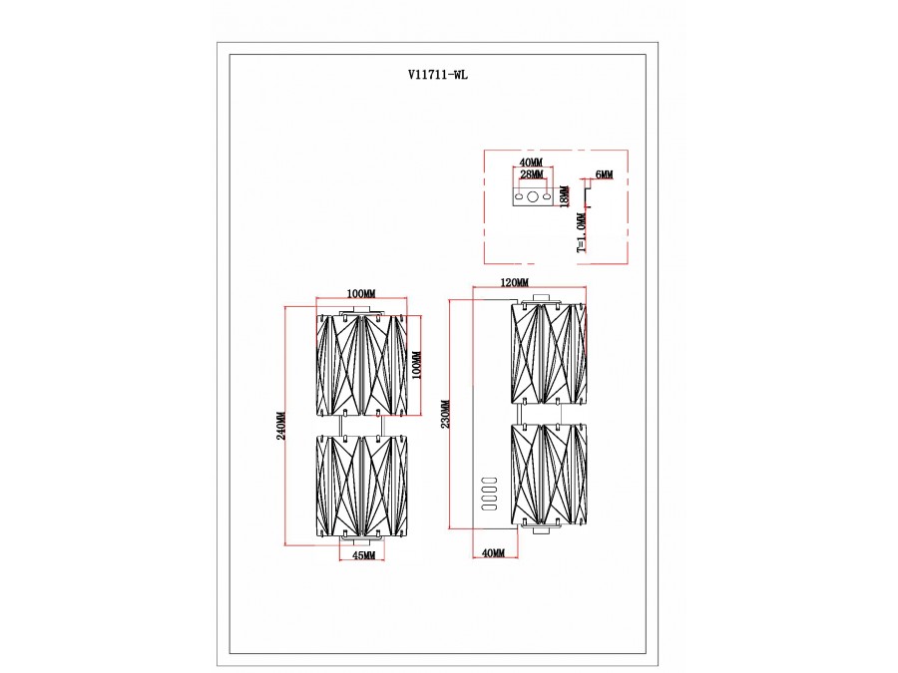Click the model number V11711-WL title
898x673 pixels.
click(438, 75)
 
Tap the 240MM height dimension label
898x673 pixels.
click(281, 426)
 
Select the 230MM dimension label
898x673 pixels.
click(447, 414)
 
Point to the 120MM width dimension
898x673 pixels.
click(515, 282)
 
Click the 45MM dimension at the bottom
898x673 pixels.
click(363, 555)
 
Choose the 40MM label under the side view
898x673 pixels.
click(494, 552)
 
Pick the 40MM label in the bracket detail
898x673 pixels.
click(531, 164)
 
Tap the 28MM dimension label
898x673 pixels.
click(532, 173)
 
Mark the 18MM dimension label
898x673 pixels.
click(564, 196)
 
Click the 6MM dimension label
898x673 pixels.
click(604, 173)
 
